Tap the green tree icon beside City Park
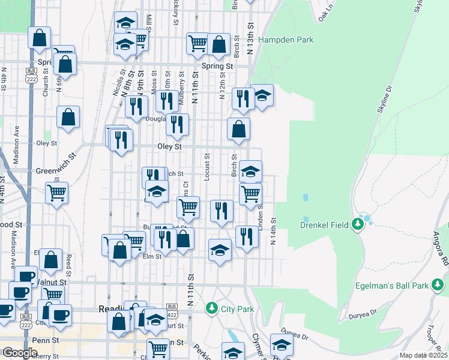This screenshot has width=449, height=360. coord(211,308)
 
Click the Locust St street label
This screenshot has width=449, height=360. coord(206,166)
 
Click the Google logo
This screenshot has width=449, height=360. coord(19,353)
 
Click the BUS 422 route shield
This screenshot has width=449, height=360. coord(172,307)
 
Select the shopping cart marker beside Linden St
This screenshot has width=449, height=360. coord(250,193)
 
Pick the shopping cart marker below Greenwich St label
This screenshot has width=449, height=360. coord(57,193)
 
